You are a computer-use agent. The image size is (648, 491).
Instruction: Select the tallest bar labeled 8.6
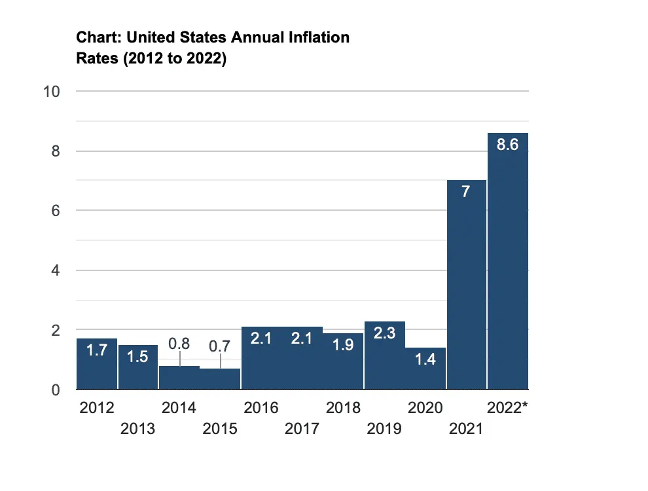(x=508, y=262)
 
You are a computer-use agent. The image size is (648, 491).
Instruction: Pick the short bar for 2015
(x=220, y=379)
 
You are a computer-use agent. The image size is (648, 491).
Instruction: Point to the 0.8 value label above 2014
(x=179, y=342)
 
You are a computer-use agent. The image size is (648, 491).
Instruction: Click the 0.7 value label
(x=220, y=346)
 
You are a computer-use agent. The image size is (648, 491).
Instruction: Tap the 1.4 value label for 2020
(x=425, y=359)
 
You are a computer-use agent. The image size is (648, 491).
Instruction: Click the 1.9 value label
(x=344, y=345)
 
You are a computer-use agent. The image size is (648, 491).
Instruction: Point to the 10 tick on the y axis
(x=52, y=92)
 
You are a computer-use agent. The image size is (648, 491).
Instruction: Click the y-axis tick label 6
(x=56, y=211)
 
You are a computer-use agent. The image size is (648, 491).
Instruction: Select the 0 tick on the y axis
(x=56, y=390)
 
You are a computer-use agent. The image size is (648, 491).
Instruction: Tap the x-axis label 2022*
(x=508, y=409)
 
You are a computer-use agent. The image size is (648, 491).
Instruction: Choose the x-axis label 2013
(x=138, y=429)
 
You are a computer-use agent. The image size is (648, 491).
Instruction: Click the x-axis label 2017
(x=302, y=429)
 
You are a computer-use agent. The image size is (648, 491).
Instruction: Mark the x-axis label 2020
(x=425, y=409)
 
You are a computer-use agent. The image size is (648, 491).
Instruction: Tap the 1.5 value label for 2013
(x=138, y=358)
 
